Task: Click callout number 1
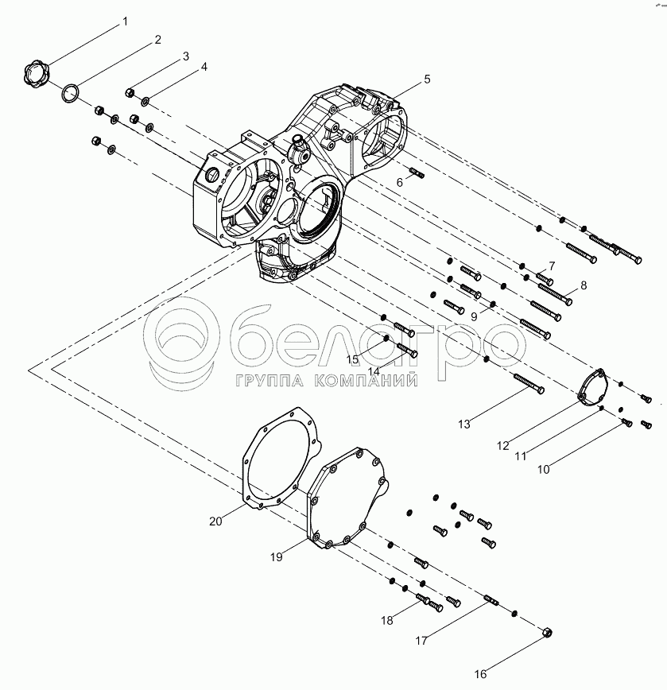tap(125, 21)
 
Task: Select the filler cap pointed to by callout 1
tap(36, 76)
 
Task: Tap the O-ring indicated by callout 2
tap(70, 94)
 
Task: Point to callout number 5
tap(427, 79)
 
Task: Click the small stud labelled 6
tap(417, 173)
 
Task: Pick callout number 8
tap(584, 285)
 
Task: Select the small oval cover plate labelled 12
tap(592, 386)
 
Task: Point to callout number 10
tap(543, 470)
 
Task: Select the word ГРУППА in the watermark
tap(270, 381)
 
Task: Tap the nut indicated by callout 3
tap(130, 92)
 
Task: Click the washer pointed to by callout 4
tap(145, 102)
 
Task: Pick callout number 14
tap(374, 371)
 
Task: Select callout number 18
tap(387, 621)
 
